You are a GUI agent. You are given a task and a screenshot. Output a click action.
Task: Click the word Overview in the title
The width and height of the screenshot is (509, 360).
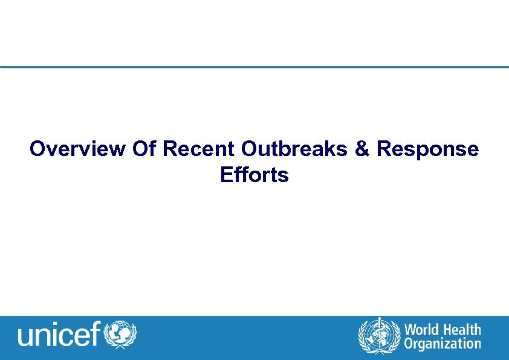(x=78, y=149)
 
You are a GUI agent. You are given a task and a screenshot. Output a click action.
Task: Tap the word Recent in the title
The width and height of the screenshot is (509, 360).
(x=199, y=149)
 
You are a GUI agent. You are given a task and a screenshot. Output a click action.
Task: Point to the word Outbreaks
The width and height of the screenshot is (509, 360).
(x=294, y=149)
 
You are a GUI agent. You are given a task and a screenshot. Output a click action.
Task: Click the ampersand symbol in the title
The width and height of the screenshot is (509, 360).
(x=362, y=149)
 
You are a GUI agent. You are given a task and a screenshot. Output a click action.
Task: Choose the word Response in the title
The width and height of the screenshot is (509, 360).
(x=427, y=149)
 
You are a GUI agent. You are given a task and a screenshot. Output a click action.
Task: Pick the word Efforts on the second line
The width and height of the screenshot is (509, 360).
(x=254, y=175)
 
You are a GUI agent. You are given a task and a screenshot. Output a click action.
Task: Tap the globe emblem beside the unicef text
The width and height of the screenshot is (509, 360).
(x=121, y=335)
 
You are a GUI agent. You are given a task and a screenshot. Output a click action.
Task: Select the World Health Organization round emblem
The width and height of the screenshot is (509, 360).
(x=379, y=336)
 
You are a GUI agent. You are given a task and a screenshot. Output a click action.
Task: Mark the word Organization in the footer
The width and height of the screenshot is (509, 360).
(x=443, y=344)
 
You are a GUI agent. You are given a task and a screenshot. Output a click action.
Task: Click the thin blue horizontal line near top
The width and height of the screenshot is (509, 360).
(x=254, y=67)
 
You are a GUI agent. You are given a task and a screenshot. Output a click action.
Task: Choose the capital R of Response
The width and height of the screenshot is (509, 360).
(x=383, y=149)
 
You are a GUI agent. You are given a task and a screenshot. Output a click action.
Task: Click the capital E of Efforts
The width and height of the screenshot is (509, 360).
(x=227, y=175)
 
